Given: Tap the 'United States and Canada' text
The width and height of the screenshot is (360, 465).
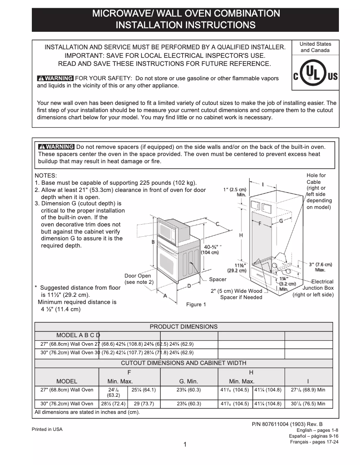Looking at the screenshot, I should coord(315,47).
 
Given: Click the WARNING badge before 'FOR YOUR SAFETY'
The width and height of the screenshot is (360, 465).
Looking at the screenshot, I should coord(56,78).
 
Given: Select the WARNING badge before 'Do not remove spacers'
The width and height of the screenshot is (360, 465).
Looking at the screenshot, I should coord(57,147).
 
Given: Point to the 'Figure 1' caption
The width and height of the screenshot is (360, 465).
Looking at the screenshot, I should coord(196,304).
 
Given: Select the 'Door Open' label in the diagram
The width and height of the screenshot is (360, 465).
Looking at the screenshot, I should coord(138,276).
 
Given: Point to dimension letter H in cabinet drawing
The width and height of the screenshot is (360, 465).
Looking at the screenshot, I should coord(241,235).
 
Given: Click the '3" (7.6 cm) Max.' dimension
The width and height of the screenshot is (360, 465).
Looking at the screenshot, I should coord(320,267).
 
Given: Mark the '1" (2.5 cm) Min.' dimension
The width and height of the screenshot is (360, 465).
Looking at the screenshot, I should coord(235,192).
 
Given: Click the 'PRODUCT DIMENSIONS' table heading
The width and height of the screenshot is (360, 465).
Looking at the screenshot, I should coord(184,326).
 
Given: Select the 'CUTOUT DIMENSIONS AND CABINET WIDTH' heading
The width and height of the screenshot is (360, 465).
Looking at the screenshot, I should coord(184,363).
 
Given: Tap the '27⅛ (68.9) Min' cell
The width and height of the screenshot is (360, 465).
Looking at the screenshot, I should coord(308,390).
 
